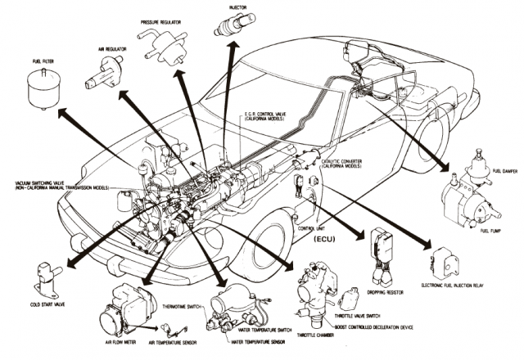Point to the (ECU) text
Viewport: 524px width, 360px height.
pyautogui.click(x=326, y=242)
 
